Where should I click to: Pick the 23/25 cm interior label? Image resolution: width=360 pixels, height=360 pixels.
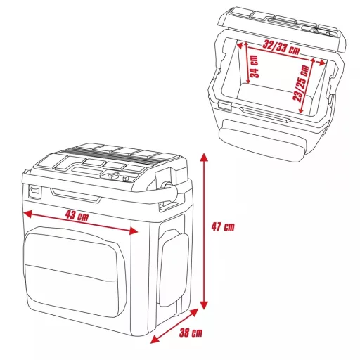click(302, 83)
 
